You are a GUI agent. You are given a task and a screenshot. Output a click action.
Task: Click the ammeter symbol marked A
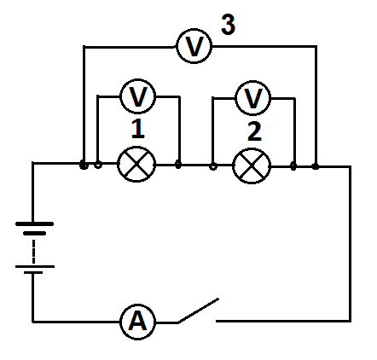coord(138,322)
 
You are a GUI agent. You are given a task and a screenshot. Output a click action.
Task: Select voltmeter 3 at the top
coord(194,46)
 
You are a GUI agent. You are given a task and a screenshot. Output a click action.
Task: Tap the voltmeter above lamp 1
coord(138,96)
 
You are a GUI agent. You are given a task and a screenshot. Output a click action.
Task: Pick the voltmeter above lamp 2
coord(253,98)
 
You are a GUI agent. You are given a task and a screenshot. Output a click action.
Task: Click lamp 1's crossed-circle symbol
coord(136,164)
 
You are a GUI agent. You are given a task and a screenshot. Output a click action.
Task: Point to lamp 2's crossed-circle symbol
coord(252,166)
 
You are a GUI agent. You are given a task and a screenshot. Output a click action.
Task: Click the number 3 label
coord(228,25)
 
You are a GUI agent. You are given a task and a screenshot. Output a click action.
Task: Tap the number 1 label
coord(137,129)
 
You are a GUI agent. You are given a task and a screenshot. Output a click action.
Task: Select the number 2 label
coord(254,131)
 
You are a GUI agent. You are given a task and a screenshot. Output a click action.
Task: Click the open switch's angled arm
coord(198,311)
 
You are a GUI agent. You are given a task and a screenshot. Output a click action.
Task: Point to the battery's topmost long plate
coord(34,224)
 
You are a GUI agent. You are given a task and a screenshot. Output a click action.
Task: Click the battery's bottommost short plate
coord(33,272)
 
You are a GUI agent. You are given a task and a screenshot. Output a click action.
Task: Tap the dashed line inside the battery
coord(34,252)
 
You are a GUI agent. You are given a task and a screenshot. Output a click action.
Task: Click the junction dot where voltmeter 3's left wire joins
coord(84,165)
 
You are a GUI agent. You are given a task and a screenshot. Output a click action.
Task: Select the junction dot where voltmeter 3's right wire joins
coord(315,166)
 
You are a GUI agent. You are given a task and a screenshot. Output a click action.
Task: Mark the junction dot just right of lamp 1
coord(178,164)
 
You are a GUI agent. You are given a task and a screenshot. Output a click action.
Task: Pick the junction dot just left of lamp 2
coord(213,165)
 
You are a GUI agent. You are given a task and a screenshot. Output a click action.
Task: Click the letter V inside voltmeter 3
coord(194,46)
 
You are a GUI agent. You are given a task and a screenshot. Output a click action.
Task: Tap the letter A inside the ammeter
coord(138,322)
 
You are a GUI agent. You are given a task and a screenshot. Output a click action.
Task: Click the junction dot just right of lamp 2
coord(293,166)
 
